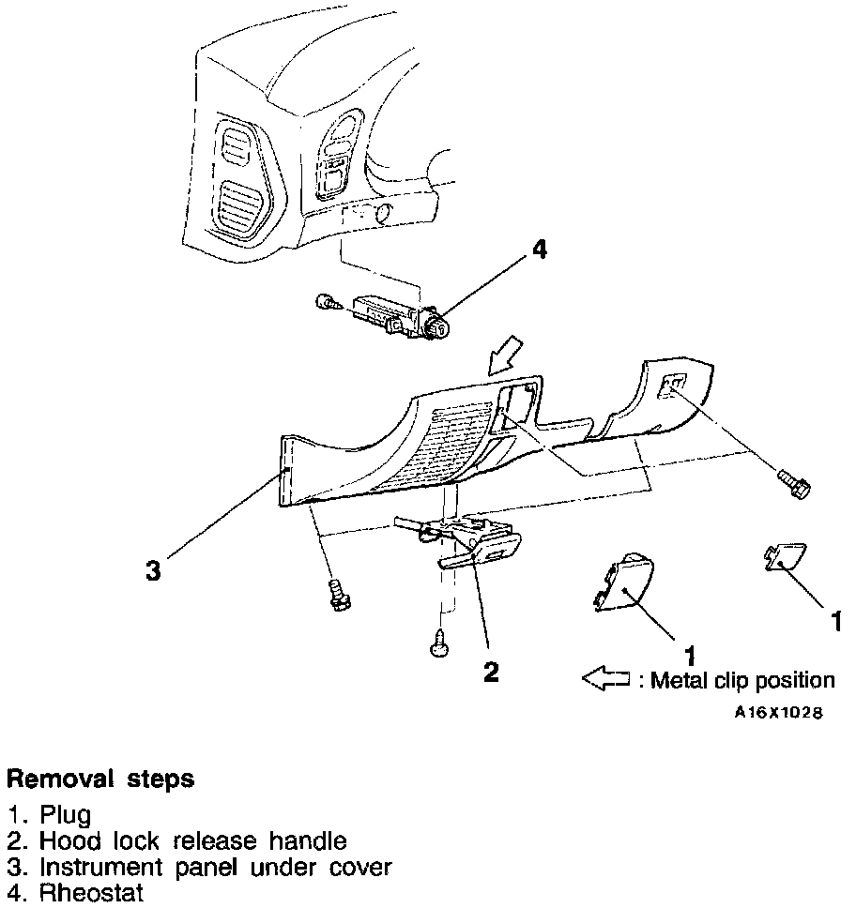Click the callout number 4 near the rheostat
click(x=538, y=250)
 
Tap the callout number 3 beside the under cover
click(x=154, y=571)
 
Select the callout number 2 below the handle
click(x=490, y=672)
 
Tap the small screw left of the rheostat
click(x=325, y=302)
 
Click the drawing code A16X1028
click(x=778, y=713)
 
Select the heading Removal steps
click(x=100, y=779)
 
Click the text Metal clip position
click(x=741, y=680)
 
